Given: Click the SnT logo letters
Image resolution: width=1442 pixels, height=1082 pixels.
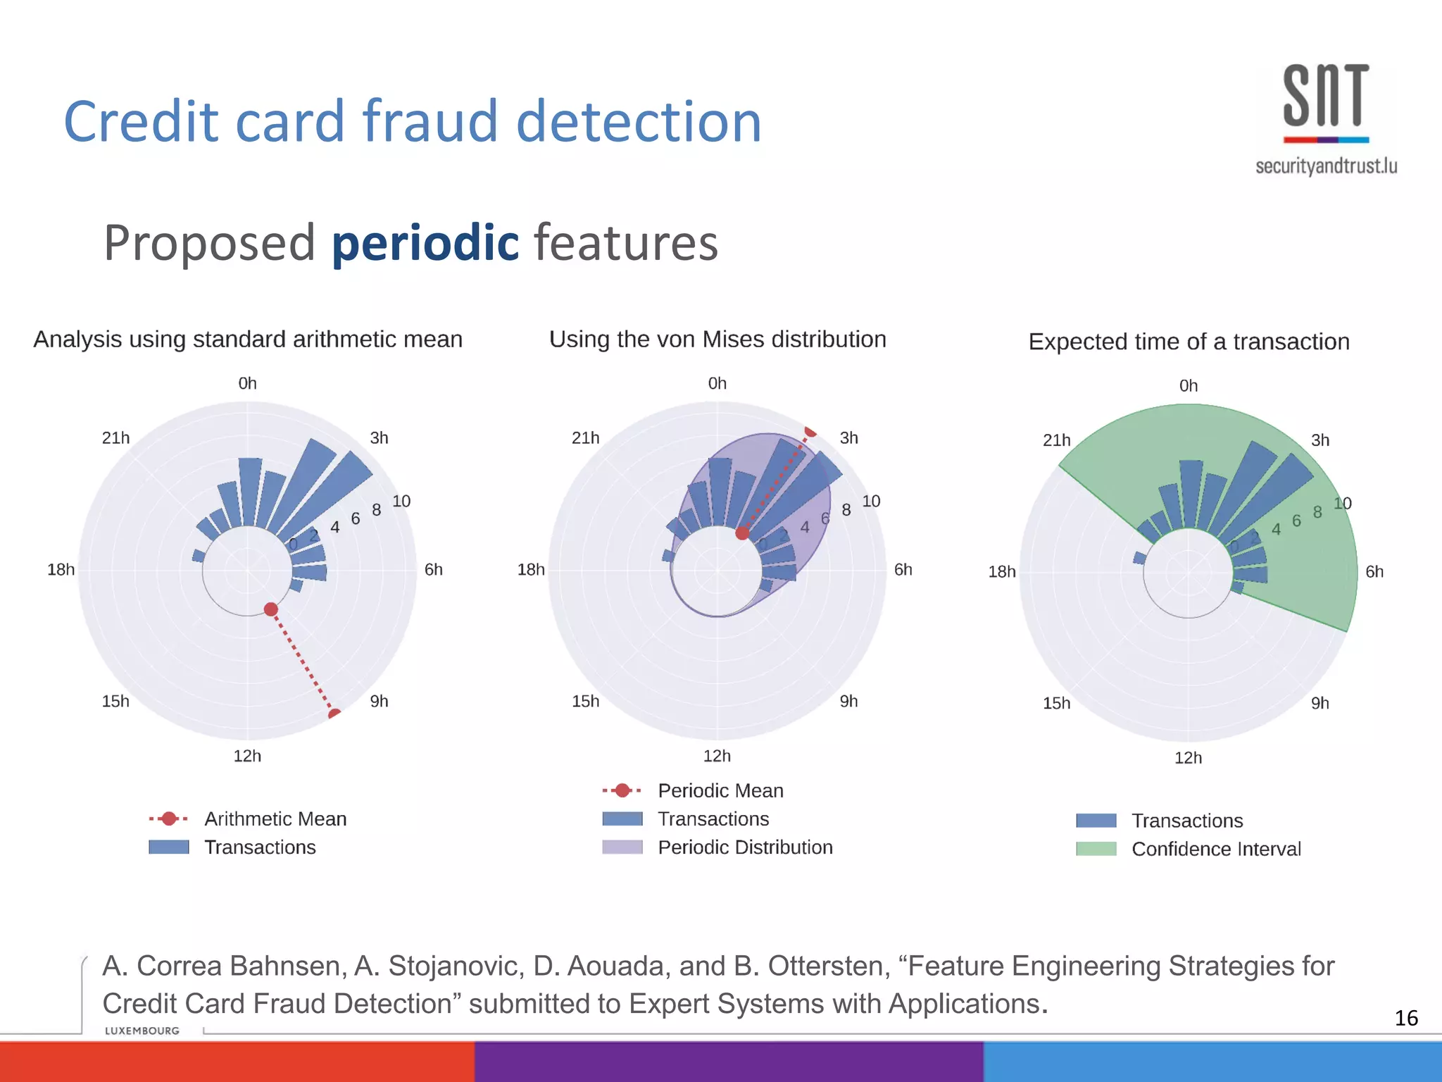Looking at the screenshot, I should (1326, 96).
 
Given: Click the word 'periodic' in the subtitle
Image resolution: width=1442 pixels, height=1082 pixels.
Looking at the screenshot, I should (425, 242).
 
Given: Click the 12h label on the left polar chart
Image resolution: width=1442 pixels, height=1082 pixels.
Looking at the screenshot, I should (247, 756).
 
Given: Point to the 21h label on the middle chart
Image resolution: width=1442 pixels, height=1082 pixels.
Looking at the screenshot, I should (585, 438).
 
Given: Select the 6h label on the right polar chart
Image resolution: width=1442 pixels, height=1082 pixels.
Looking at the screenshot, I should (1374, 572).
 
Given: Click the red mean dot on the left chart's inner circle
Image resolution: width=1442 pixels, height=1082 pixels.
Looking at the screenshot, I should (271, 609).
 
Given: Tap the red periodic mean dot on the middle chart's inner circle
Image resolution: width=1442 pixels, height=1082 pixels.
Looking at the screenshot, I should (742, 533).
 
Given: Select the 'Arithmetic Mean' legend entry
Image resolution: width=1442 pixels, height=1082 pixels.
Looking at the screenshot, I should (275, 819).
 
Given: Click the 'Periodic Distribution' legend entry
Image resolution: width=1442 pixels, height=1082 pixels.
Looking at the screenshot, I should (744, 847).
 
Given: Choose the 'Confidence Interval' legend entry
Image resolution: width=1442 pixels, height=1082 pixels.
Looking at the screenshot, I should (1215, 849).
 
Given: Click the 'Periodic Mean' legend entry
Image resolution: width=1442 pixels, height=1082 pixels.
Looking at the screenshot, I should (720, 790).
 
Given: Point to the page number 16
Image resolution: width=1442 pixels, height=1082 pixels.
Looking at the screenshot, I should (1406, 1018).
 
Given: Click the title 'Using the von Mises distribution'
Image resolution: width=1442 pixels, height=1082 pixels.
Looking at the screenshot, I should (717, 340).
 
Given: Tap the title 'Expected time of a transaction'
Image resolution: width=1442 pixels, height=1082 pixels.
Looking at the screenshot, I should (1189, 342).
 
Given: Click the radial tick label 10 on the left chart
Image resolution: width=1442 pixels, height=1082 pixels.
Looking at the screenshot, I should (401, 501).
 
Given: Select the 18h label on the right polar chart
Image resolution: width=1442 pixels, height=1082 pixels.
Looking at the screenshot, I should (1001, 572).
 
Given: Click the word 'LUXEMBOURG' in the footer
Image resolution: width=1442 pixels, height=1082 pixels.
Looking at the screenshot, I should (142, 1031).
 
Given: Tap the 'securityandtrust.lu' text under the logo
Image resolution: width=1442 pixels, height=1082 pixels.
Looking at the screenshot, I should (1326, 166).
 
